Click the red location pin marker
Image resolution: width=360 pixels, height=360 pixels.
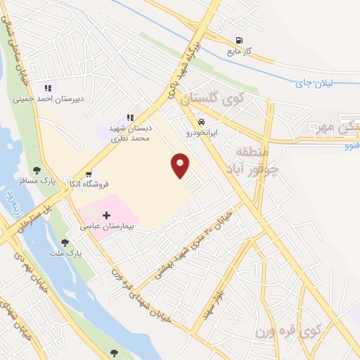click(x=181, y=165)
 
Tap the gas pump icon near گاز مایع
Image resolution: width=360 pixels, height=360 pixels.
click(x=240, y=40)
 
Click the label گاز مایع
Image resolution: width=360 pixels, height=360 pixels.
click(x=239, y=51)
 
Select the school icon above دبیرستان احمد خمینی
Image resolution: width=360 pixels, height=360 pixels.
click(x=47, y=88)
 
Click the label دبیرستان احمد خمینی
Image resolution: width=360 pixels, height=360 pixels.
click(x=49, y=99)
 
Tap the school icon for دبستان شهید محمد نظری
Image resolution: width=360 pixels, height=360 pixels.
click(x=130, y=117)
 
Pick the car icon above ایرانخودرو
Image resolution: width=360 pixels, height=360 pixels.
click(x=202, y=120)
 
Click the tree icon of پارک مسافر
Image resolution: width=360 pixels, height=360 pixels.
click(x=37, y=169)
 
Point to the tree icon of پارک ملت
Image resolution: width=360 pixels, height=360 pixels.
click(x=65, y=242)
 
